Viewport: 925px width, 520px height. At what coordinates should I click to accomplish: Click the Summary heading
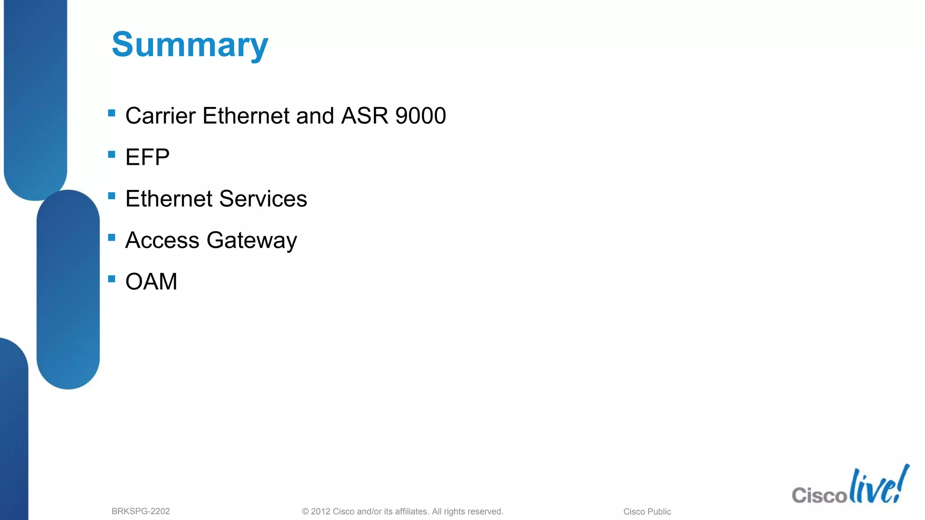tap(190, 45)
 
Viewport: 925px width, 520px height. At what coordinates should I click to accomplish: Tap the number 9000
tap(420, 116)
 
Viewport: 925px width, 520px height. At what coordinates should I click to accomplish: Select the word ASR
tap(364, 116)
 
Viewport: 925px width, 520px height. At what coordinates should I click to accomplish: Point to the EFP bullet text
tap(147, 157)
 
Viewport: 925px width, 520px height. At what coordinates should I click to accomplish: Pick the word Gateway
tap(252, 240)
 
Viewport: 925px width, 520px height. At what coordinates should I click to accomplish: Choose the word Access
tap(162, 240)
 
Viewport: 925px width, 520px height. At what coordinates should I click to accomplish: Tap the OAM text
tap(151, 282)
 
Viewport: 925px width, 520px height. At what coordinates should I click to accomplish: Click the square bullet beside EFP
tap(112, 154)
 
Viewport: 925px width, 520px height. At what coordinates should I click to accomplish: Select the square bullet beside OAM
tap(112, 279)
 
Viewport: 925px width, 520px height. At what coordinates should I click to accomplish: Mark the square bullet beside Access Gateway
tap(112, 237)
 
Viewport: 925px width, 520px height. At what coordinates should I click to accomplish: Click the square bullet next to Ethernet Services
tap(112, 196)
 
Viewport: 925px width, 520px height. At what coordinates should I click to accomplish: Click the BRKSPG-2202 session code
tap(140, 511)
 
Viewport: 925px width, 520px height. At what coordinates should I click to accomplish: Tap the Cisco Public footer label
tap(647, 511)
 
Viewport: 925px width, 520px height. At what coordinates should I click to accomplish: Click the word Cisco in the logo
tap(819, 495)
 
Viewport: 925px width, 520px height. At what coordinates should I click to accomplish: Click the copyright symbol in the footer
tap(305, 511)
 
